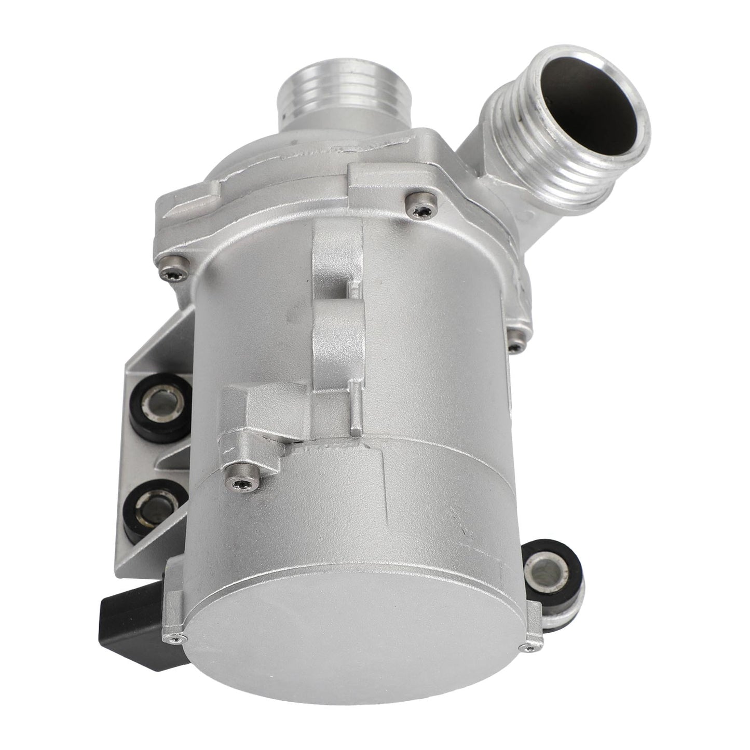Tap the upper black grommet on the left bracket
(154, 404)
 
